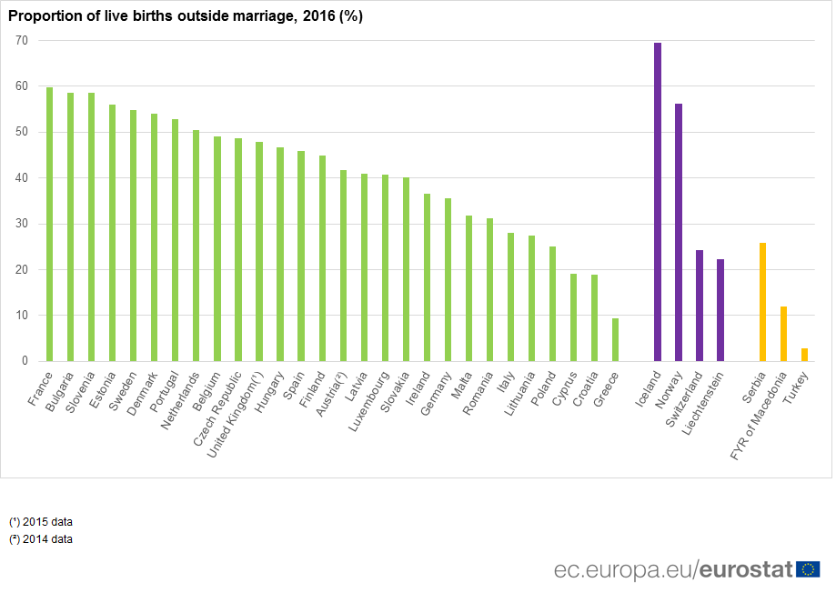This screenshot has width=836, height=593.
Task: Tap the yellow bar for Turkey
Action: pyautogui.click(x=804, y=355)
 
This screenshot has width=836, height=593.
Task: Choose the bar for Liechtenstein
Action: pyautogui.click(x=720, y=310)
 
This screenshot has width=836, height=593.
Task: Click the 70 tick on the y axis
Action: pyautogui.click(x=21, y=41)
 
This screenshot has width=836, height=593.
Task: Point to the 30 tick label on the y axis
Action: pyautogui.click(x=21, y=224)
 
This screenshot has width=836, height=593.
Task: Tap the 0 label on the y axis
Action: pyautogui.click(x=25, y=361)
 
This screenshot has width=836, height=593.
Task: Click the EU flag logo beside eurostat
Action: pyautogui.click(x=808, y=569)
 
